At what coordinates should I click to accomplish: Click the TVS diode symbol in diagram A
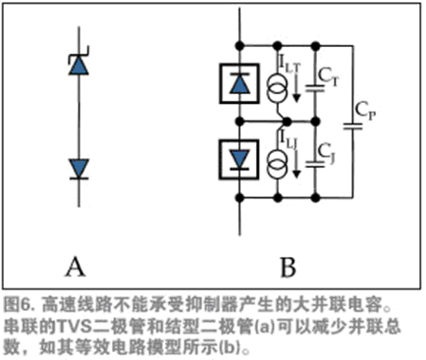pos(79,63)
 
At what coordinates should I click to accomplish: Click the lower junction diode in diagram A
pos(79,169)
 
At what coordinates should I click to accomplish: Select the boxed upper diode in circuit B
pos(240,83)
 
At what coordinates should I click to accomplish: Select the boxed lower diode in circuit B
pos(240,160)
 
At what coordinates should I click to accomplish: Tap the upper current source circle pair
pos(278,88)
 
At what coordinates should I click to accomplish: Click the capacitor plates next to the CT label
pos(315,88)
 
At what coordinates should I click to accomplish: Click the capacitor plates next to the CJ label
pos(315,164)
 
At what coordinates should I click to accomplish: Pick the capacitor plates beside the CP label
pos(353,127)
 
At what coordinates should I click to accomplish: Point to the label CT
pos(328,77)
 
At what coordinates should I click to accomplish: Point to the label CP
pos(365,111)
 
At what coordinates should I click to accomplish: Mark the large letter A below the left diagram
pos(76,267)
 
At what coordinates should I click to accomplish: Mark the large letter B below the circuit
pos(289,267)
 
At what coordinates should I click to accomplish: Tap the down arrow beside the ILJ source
pos(296,163)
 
